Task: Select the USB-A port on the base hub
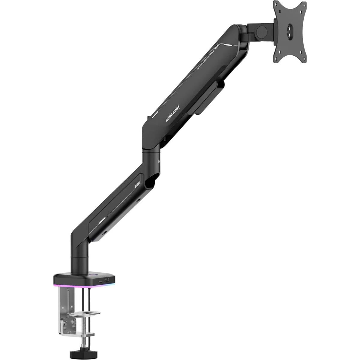pos(107,280)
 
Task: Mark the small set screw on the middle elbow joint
pos(158,161)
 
